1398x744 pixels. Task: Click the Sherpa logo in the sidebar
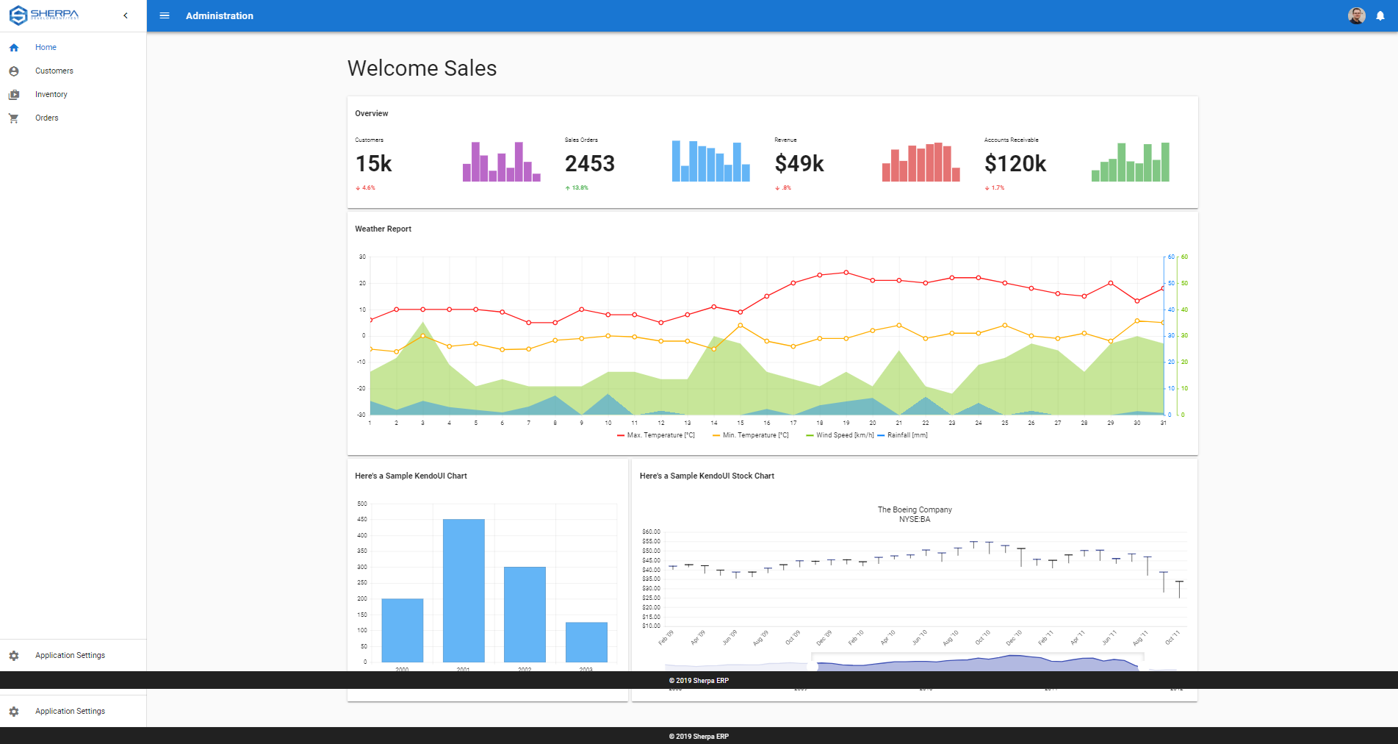[44, 15]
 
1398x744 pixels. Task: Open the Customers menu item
[54, 71]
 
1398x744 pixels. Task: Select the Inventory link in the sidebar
[51, 95]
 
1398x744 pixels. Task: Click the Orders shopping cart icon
[14, 118]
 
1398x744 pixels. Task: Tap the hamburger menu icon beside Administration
[165, 15]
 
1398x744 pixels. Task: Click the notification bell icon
[1380, 16]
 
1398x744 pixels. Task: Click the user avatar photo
[1356, 15]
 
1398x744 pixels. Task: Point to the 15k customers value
[374, 163]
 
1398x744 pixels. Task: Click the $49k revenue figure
[799, 163]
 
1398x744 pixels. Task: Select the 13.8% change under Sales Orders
[579, 188]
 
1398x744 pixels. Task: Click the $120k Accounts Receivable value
[1015, 163]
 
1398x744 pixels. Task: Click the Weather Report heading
[383, 229]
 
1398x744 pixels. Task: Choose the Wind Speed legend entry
[843, 435]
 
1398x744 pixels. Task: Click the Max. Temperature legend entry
[659, 435]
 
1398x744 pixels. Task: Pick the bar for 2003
[586, 642]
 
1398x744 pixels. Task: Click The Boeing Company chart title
[915, 509]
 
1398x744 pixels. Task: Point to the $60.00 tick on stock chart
[651, 532]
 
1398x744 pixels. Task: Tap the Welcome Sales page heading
[422, 68]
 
